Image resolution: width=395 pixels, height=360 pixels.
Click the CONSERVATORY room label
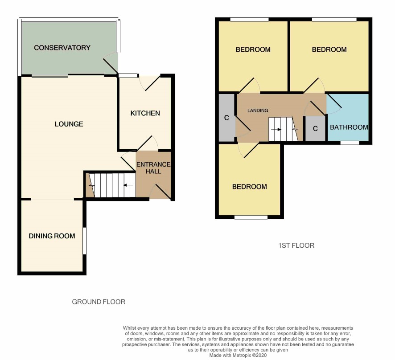[62, 48]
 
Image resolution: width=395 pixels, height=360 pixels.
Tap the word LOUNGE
[69, 124]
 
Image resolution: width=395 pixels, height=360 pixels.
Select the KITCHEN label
[145, 113]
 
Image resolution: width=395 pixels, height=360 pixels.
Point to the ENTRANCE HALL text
[153, 168]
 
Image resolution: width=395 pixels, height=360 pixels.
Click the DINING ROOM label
[52, 236]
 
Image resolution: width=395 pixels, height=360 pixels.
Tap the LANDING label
[258, 110]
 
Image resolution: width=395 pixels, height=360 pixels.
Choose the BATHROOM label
[349, 127]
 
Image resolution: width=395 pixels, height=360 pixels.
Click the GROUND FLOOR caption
[99, 302]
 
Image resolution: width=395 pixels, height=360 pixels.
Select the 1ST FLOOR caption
[296, 245]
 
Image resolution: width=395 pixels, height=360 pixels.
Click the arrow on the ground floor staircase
[128, 185]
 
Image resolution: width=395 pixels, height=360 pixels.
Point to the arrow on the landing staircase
[276, 130]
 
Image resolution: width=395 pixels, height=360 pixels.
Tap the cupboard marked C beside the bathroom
[315, 129]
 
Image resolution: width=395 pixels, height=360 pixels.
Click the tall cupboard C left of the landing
[227, 118]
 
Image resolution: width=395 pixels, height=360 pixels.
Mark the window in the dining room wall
[85, 241]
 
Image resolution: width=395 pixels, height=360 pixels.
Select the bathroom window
[350, 143]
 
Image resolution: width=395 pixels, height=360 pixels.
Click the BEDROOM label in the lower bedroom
[249, 187]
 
